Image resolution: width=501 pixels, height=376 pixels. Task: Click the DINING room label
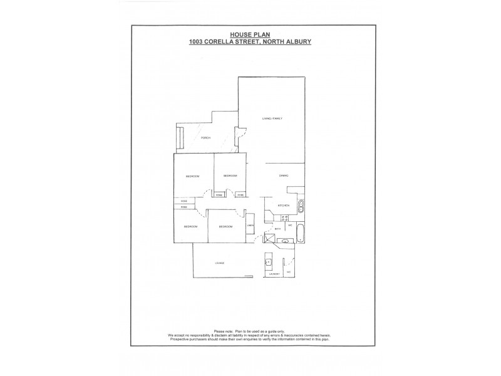(284, 176)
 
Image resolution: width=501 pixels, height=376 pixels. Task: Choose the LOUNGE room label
(219, 263)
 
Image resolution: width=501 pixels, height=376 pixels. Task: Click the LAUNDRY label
(272, 274)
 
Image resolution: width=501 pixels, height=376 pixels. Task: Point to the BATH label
(277, 229)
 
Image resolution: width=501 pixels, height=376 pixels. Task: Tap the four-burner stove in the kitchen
(268, 215)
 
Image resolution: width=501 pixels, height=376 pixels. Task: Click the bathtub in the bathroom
(301, 233)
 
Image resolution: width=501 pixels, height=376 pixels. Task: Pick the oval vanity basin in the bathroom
(285, 241)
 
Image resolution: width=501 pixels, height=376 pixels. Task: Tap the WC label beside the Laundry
(289, 273)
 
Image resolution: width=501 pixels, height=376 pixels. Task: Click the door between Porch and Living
(238, 135)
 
